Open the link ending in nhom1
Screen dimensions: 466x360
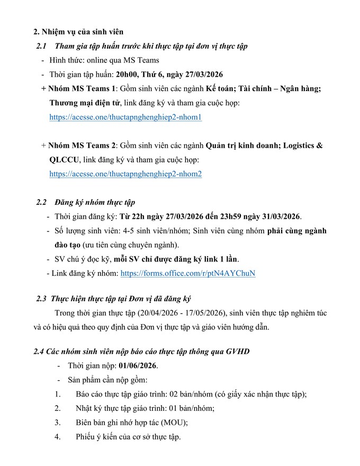pos(125,118)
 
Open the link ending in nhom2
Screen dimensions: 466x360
pos(125,174)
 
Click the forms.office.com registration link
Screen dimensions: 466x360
pos(188,274)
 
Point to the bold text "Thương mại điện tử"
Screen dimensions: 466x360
pos(82,103)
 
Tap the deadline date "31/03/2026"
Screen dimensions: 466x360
pos(277,217)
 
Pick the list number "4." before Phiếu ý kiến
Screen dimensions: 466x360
pos(58,437)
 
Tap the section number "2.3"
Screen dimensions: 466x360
pos(42,299)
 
